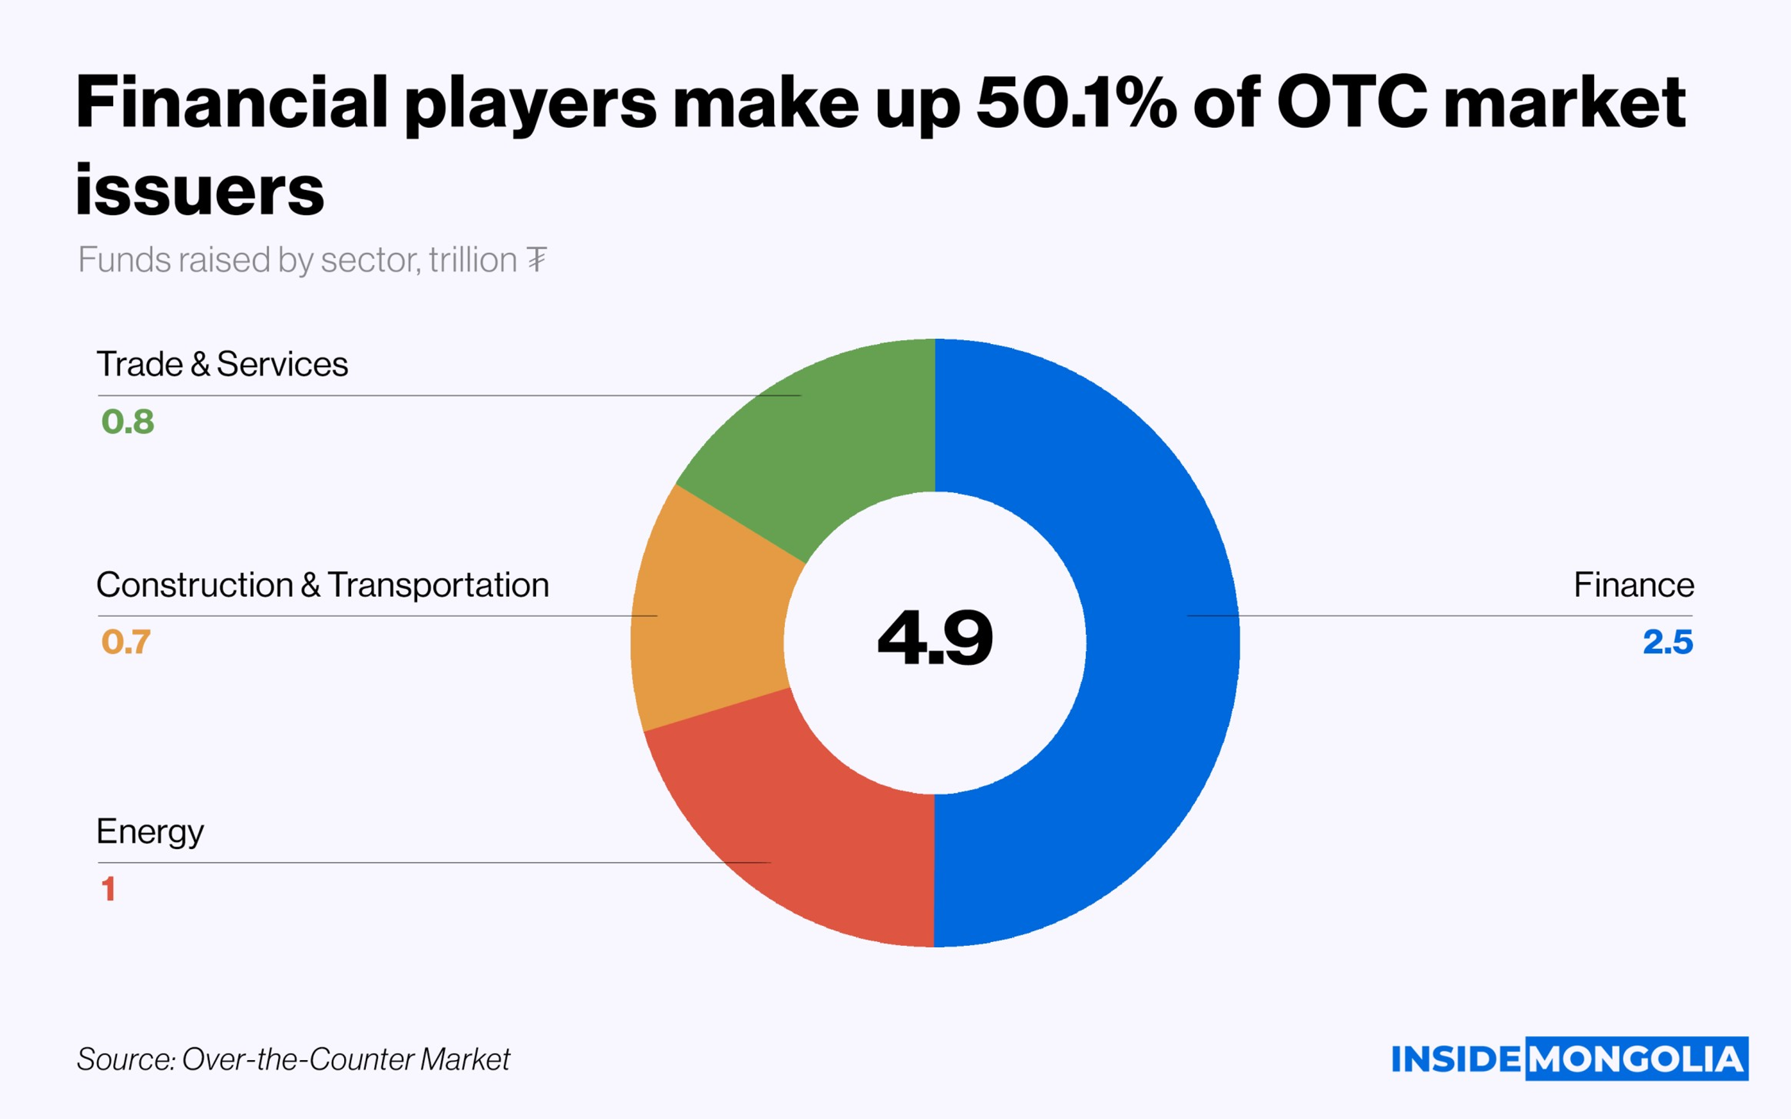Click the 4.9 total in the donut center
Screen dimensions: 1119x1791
[x=935, y=638]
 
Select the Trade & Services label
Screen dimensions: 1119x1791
[x=222, y=364]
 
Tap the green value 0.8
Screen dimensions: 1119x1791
[x=128, y=422]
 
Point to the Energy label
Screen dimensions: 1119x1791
[x=150, y=832]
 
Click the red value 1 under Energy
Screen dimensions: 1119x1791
[x=108, y=889]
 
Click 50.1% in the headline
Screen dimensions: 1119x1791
[x=1076, y=102]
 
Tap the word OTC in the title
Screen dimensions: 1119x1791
[x=1352, y=102]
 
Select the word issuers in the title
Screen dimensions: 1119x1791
[x=200, y=190]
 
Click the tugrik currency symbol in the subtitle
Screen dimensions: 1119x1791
[x=537, y=260]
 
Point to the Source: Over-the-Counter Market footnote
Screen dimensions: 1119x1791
[x=293, y=1059]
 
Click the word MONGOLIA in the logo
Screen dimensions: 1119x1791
[x=1636, y=1059]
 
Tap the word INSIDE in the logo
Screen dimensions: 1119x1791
[x=1455, y=1059]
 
